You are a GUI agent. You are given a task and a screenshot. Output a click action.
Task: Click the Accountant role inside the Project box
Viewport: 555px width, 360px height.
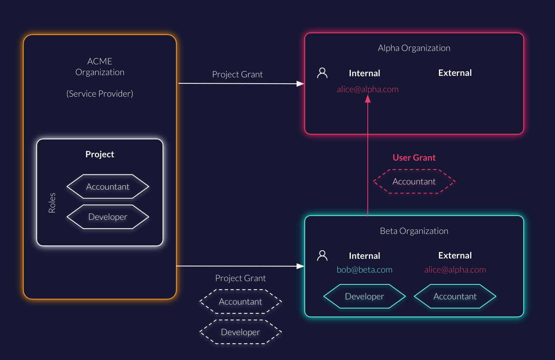coord(108,187)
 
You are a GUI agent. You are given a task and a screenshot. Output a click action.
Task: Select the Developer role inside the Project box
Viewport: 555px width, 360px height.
coord(108,217)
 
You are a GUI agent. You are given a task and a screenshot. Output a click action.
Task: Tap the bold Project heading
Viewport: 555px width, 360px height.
coord(100,154)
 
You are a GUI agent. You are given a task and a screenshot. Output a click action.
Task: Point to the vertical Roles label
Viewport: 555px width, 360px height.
coord(52,203)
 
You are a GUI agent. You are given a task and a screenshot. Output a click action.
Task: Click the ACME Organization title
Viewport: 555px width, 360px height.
coord(100,67)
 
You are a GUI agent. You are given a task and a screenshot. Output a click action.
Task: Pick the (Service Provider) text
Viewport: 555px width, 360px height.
coord(100,94)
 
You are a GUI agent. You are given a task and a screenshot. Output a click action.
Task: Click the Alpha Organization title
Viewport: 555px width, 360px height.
coord(414,48)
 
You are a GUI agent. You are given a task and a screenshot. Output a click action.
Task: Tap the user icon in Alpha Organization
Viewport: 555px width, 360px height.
coord(322,73)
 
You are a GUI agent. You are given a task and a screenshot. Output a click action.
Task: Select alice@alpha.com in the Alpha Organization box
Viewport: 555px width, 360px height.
coord(368,89)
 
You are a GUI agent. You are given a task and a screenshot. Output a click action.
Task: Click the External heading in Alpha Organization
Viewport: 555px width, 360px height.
coord(455,73)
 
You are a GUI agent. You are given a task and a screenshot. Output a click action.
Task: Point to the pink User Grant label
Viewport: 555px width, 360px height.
coord(414,158)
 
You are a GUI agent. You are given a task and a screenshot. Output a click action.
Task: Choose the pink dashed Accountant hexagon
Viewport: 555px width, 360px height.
coord(414,181)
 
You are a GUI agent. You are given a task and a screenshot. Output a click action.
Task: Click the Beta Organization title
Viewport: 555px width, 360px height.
coord(414,231)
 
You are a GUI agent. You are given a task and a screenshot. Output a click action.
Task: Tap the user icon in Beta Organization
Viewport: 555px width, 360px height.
coord(322,255)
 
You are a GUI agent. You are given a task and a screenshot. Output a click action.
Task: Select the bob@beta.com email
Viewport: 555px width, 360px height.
coord(365,270)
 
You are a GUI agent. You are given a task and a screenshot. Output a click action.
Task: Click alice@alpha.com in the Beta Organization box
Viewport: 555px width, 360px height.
coord(455,270)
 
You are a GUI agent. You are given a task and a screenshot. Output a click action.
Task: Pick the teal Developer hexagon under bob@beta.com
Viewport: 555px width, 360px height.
coord(365,296)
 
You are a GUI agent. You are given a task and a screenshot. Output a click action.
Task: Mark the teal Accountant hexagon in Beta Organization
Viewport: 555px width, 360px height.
coord(455,296)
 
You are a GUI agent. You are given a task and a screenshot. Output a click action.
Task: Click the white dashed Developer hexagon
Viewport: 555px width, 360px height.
coord(240,332)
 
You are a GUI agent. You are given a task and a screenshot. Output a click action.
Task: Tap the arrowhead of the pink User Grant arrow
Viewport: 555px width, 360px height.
coord(368,99)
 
